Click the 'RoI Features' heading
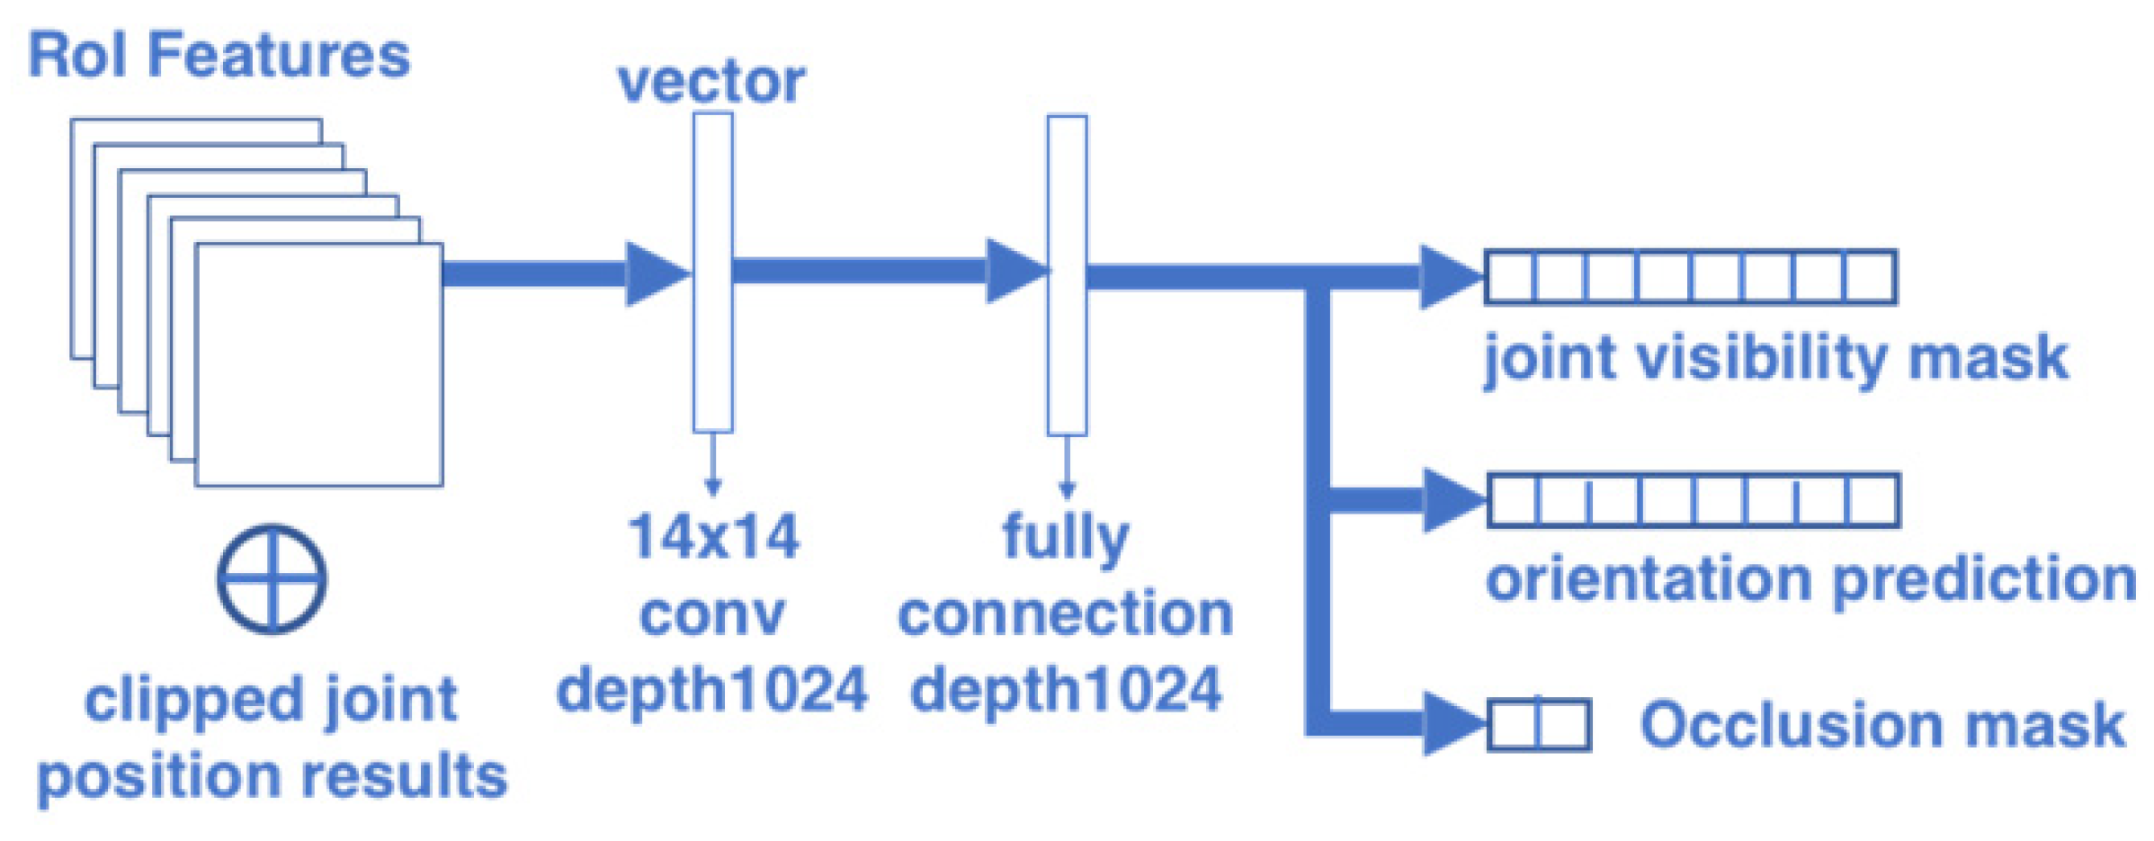[219, 56]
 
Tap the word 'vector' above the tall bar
[711, 83]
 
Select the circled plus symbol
[272, 579]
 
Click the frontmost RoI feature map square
[319, 364]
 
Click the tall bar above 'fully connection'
[1067, 274]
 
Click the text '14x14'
[713, 537]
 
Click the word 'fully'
[1066, 537]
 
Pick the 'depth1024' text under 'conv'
[711, 691]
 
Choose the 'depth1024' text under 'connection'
[1066, 691]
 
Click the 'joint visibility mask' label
[1776, 358]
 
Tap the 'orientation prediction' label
[1810, 578]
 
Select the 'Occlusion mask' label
[1882, 725]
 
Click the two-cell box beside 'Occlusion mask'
[1539, 725]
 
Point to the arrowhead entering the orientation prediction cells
[1452, 500]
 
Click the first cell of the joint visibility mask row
[1510, 277]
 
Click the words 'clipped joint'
[271, 701]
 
